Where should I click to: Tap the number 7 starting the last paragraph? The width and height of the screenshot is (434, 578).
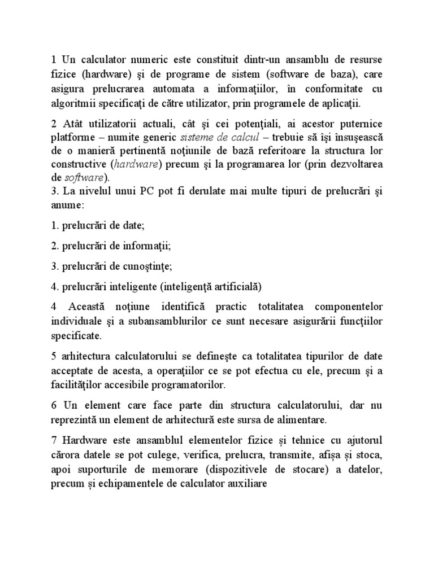coord(54,440)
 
